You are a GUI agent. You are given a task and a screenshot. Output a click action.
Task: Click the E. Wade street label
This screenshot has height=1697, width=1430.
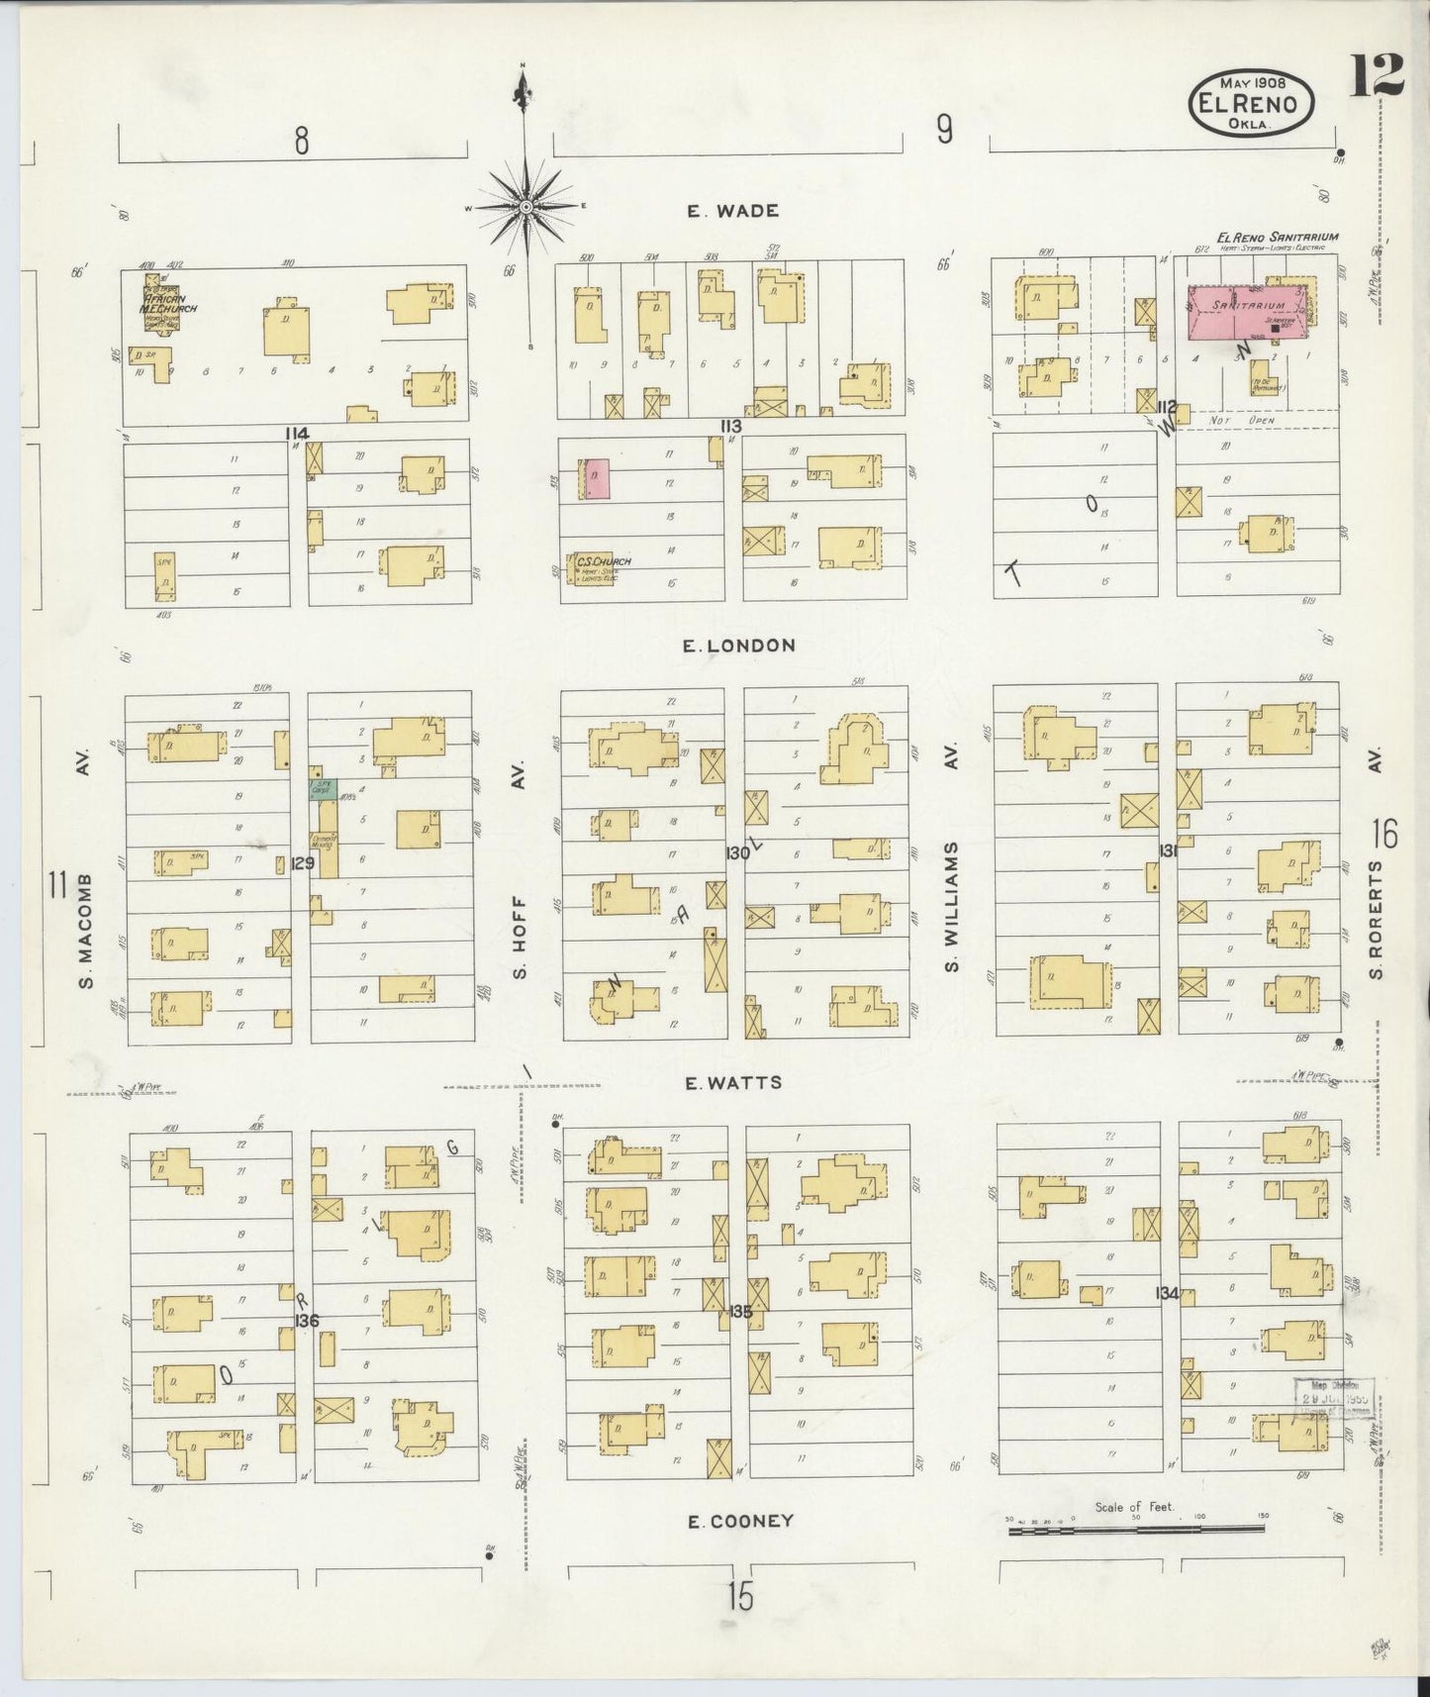pos(733,211)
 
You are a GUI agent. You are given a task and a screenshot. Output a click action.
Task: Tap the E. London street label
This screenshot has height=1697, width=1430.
pos(739,646)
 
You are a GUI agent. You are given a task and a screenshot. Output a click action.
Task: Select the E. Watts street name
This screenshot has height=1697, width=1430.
pos(733,1083)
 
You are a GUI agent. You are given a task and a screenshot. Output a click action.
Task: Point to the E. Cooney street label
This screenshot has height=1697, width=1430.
pos(741,1521)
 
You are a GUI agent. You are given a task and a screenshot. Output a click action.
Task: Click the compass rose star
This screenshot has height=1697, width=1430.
pos(526,206)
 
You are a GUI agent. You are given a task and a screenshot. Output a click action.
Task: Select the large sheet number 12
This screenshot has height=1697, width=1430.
pos(1377,74)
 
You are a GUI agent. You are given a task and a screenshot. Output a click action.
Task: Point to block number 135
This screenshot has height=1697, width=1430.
pos(740,1312)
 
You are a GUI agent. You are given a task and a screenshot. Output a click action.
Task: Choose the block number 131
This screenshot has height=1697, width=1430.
pos(1168,849)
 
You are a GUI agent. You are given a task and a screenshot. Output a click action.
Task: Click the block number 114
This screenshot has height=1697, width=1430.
pos(296,433)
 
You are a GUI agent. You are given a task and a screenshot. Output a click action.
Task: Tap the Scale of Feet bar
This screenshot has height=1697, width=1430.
pos(1136,1531)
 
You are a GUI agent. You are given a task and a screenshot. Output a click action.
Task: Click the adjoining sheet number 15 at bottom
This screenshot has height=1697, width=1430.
pos(740,1596)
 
